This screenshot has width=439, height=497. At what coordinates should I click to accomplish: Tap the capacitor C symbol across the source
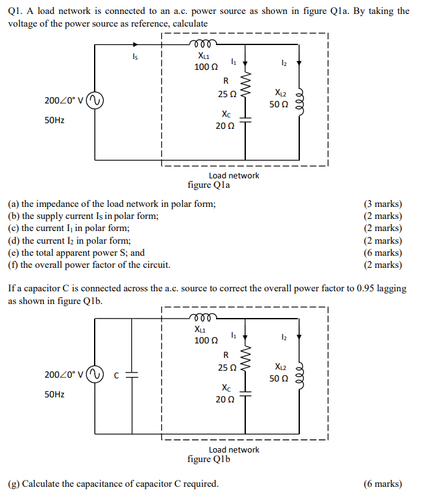(x=132, y=374)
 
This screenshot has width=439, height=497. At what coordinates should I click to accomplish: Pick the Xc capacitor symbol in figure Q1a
(x=245, y=121)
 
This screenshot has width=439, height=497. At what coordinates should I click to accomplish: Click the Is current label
(x=134, y=58)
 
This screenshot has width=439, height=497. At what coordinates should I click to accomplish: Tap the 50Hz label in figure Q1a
(x=54, y=119)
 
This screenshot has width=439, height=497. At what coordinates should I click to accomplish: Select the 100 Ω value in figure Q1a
(x=206, y=67)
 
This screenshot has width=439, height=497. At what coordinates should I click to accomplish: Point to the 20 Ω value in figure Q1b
(x=225, y=400)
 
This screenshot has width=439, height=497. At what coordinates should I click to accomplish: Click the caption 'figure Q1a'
(x=209, y=185)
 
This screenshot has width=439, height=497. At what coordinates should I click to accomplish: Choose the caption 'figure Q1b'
(x=209, y=459)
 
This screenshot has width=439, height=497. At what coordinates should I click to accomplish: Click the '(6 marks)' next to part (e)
(x=382, y=253)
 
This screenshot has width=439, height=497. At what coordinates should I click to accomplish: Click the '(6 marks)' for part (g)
(x=382, y=484)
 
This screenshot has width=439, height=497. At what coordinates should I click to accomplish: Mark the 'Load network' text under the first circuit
(x=234, y=175)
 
